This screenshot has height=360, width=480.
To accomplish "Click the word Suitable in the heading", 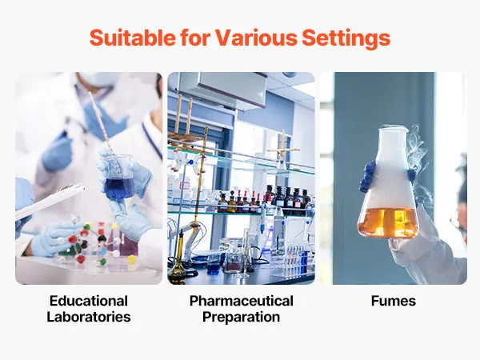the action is tap(133, 38).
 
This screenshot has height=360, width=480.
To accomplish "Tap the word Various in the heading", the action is tap(256, 38).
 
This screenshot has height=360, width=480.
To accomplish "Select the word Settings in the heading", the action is tap(346, 38).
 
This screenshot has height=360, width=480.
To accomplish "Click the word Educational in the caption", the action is tap(89, 301).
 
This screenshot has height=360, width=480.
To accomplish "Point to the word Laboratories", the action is tap(89, 317).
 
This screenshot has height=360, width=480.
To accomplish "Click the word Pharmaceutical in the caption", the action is tap(242, 301).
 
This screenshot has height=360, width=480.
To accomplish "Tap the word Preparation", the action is tap(242, 317).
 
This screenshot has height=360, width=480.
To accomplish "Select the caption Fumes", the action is tap(394, 301).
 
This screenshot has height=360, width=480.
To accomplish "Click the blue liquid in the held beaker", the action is tap(119, 188).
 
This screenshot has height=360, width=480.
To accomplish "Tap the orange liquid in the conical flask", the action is tap(388, 222).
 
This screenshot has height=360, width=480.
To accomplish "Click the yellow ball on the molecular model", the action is tap(132, 259).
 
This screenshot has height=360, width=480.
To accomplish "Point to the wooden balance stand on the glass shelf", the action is tap(282, 150).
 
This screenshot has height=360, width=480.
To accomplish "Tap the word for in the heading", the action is tap(195, 38).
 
